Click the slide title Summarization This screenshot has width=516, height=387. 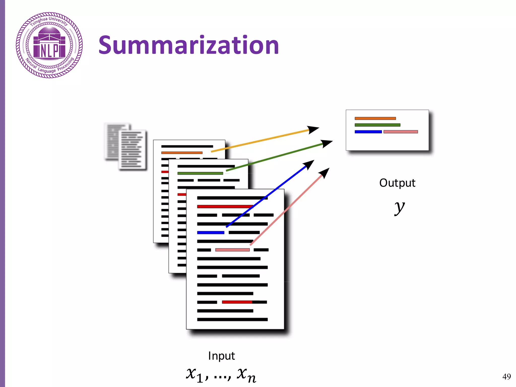tap(188, 45)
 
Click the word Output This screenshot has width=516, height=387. tap(397, 183)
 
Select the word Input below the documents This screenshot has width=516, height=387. tap(221, 356)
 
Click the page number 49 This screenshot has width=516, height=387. tap(506, 376)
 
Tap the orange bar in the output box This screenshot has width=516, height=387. tap(375, 118)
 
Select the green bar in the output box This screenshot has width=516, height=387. tap(377, 125)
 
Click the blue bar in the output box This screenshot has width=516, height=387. tap(368, 132)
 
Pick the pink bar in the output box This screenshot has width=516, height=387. tap(401, 132)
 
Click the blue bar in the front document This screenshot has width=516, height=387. tap(211, 233)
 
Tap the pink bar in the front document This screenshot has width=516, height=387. tap(232, 250)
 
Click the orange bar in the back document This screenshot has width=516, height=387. tap(182, 153)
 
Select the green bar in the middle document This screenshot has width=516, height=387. tap(200, 173)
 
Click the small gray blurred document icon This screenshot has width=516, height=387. tap(125, 147)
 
